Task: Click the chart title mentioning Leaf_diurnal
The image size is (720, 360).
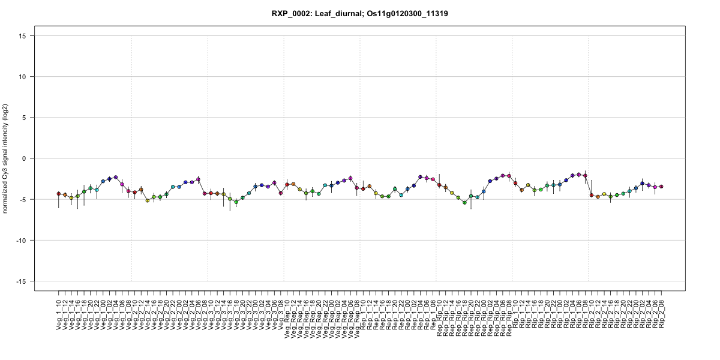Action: pyautogui.click(x=359, y=13)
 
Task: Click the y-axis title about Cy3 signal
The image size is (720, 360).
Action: pyautogui.click(x=6, y=158)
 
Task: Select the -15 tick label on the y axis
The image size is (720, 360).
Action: pyautogui.click(x=25, y=281)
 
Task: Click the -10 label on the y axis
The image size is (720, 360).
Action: pyautogui.click(x=25, y=241)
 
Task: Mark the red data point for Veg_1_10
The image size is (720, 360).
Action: pyautogui.click(x=59, y=194)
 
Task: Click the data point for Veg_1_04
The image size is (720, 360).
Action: pyautogui.click(x=116, y=178)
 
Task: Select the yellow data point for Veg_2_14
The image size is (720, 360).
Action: pyautogui.click(x=148, y=200)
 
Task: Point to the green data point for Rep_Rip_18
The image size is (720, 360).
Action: pyautogui.click(x=464, y=203)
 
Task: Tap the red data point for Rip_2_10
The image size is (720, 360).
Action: pyautogui.click(x=592, y=195)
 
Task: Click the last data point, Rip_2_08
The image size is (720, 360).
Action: pyautogui.click(x=661, y=187)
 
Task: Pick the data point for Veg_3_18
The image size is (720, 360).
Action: pyautogui.click(x=236, y=202)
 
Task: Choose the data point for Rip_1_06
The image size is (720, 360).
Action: pyautogui.click(x=579, y=175)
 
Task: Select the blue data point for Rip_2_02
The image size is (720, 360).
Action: pyautogui.click(x=642, y=184)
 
